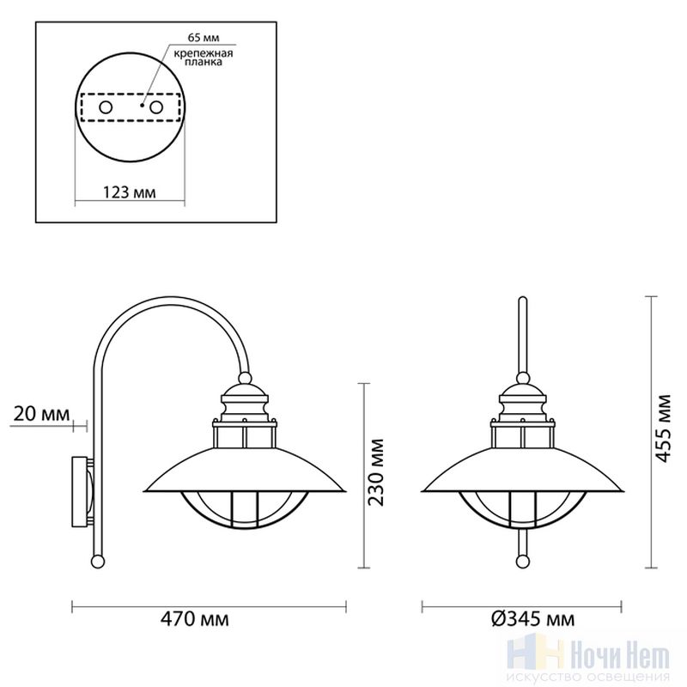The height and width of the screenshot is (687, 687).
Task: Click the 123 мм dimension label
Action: click(130, 192)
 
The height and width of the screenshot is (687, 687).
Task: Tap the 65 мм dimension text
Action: click(204, 38)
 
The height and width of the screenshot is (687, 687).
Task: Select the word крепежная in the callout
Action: click(204, 53)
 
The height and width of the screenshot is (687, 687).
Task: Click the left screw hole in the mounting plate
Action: click(106, 107)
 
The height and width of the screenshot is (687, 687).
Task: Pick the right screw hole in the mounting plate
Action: click(156, 107)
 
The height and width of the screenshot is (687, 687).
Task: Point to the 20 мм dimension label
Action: click(41, 414)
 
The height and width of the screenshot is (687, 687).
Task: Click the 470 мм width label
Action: click(195, 619)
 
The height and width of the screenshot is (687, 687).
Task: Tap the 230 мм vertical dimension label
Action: click(375, 471)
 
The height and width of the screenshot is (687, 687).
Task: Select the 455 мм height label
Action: click(663, 428)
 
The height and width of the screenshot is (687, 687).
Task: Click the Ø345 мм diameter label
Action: click(532, 619)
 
